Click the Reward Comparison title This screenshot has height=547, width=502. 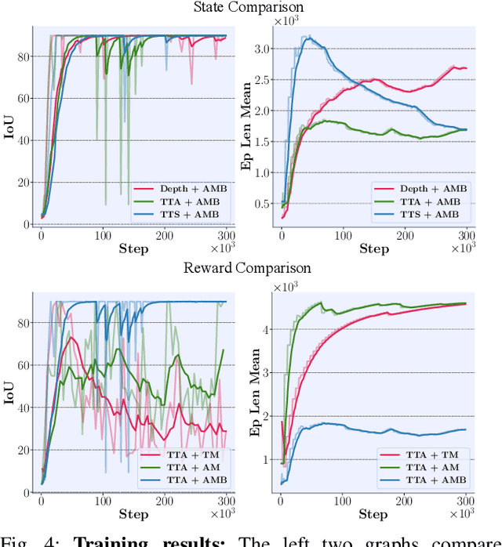(x=247, y=268)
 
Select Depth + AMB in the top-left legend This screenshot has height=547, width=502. (x=187, y=188)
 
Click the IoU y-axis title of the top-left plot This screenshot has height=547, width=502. (x=9, y=128)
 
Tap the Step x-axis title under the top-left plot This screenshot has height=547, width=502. (x=133, y=248)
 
